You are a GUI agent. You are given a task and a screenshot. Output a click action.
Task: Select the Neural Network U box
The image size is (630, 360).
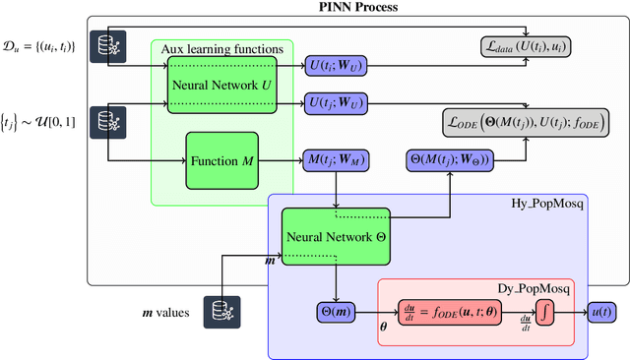(212, 84)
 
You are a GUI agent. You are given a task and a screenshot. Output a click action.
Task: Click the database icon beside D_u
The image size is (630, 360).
(105, 45)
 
